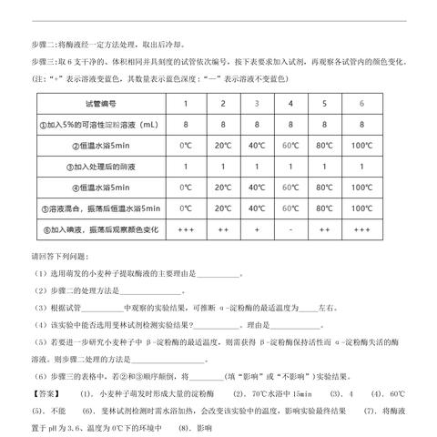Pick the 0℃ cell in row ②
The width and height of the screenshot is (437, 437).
pyautogui.click(x=186, y=146)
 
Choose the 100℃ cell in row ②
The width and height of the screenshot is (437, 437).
pyautogui.click(x=361, y=146)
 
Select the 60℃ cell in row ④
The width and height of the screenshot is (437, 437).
pyautogui.click(x=291, y=188)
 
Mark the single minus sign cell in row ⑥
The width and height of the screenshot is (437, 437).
pyautogui.click(x=291, y=229)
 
